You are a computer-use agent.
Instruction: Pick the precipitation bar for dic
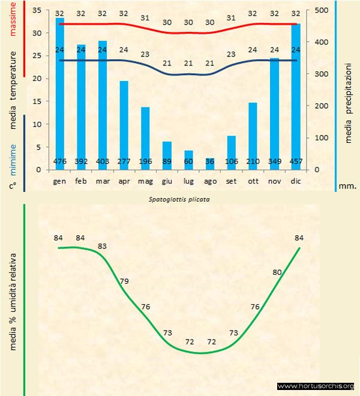[x=296, y=96]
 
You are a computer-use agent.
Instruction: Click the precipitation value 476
[x=59, y=161]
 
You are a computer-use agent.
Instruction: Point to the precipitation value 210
[x=253, y=161]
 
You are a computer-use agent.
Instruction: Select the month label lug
[x=188, y=180]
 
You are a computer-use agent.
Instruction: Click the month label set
[x=231, y=180]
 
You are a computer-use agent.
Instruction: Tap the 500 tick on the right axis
[x=322, y=10]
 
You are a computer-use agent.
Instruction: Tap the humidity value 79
[x=124, y=281]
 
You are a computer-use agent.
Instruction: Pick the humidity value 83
[x=103, y=246]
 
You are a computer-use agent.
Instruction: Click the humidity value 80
[x=277, y=272]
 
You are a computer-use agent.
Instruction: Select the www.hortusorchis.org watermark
[x=316, y=386]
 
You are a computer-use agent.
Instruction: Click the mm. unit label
[x=347, y=186]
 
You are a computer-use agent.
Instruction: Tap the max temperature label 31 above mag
[x=145, y=18]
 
